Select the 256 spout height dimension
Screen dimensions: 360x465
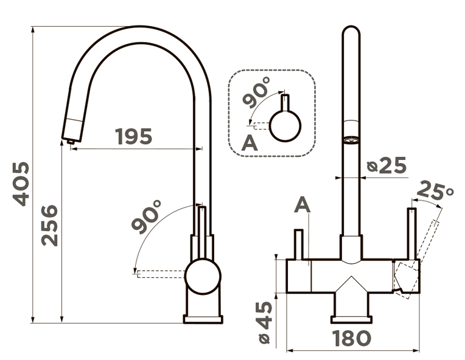click(51, 224)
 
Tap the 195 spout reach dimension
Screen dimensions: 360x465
click(134, 137)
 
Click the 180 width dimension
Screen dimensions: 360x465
click(352, 338)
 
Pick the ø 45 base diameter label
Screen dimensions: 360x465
click(264, 322)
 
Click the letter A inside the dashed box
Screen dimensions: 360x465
click(250, 144)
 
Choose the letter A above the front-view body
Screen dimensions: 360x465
click(302, 206)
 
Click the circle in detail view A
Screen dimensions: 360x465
click(285, 126)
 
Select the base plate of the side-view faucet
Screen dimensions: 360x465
click(203, 319)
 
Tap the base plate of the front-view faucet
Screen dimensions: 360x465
click(351, 319)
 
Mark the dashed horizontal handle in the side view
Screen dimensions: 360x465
click(159, 274)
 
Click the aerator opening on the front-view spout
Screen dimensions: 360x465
click(351, 140)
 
